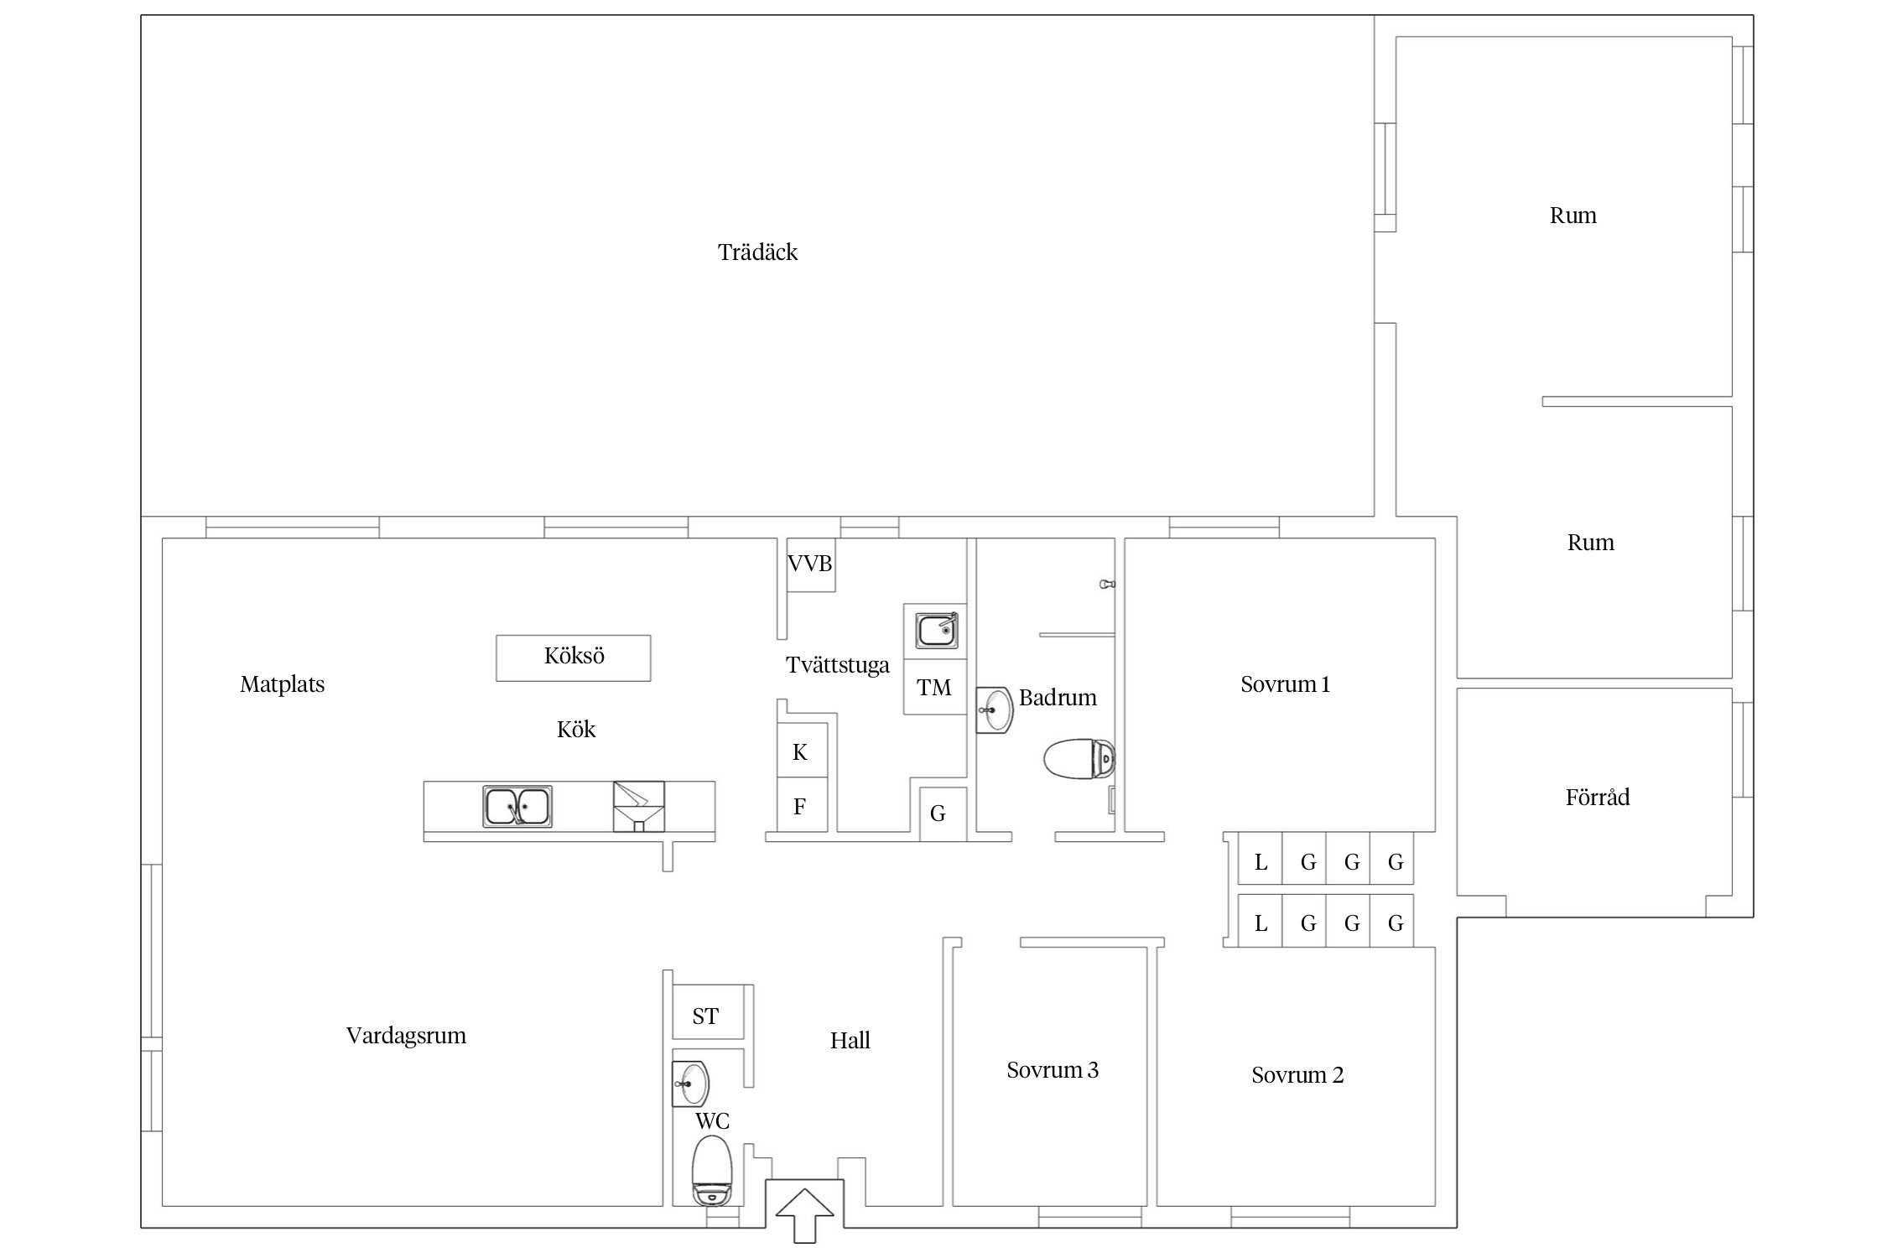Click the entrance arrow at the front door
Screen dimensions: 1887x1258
(x=804, y=1214)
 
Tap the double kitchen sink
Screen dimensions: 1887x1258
(x=517, y=805)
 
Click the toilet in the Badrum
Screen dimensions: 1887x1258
(x=1079, y=759)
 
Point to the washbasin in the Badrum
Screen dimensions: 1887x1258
(x=995, y=710)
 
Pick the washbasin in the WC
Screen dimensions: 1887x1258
(x=691, y=1084)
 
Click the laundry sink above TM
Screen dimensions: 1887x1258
(x=935, y=631)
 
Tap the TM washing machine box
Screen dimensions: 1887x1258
(x=934, y=687)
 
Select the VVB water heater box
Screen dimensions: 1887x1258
(x=810, y=564)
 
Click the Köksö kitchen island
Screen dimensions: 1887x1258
(x=574, y=658)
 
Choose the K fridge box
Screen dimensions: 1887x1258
(x=802, y=751)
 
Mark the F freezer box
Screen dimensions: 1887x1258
(x=802, y=806)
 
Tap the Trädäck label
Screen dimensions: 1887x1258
(x=757, y=252)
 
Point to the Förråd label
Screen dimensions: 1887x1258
(x=1598, y=797)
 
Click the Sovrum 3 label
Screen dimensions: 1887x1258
(x=1053, y=1070)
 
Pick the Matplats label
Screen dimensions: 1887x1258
(x=282, y=684)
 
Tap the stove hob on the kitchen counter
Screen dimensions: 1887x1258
(x=638, y=806)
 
